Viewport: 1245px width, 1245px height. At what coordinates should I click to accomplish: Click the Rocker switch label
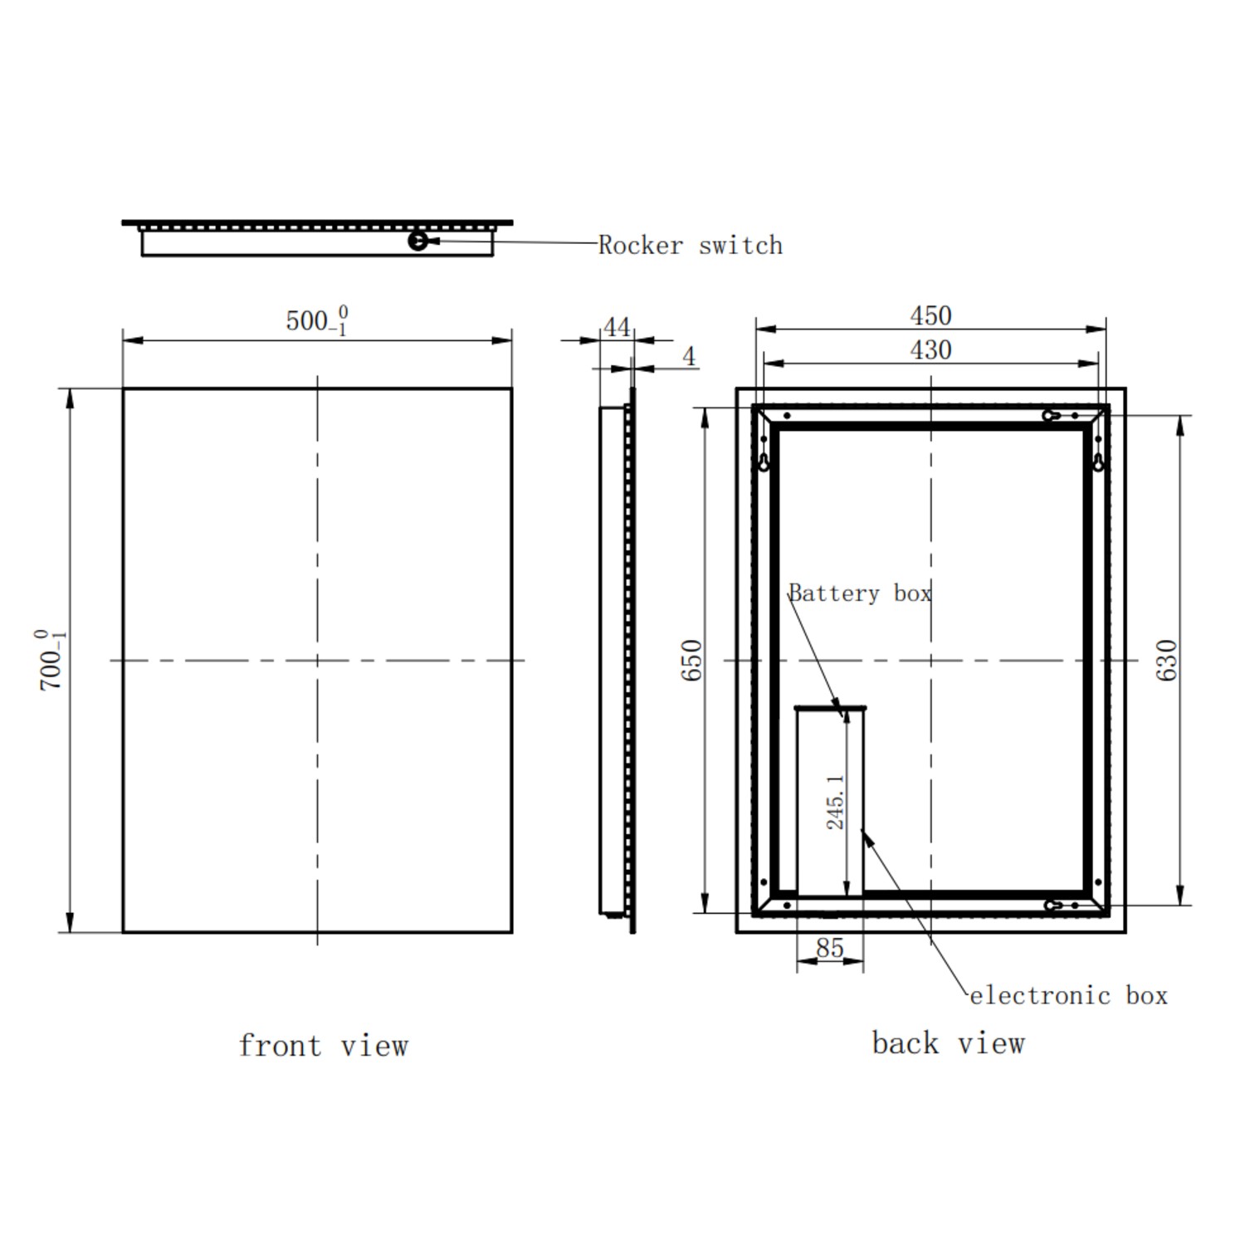[x=690, y=245]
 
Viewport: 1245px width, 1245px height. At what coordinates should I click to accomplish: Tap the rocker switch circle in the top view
[x=418, y=241]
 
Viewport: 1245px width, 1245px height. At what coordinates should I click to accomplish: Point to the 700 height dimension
[x=51, y=660]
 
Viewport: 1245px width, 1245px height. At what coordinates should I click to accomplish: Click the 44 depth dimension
[x=616, y=327]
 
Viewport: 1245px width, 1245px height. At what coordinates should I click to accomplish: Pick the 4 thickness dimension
[x=689, y=356]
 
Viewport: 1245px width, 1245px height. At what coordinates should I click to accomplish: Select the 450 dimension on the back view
[x=930, y=315]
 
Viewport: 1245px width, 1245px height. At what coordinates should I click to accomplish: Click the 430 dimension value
[x=930, y=349]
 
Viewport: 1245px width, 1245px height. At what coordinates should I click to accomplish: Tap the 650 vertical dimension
[x=691, y=660]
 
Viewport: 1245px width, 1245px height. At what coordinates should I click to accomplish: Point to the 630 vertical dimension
[x=1166, y=660]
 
